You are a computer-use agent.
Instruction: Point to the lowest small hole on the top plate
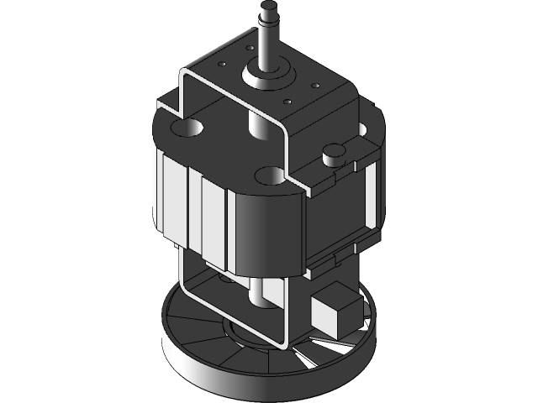point(287,102)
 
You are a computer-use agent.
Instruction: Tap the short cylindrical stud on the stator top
point(333,151)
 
